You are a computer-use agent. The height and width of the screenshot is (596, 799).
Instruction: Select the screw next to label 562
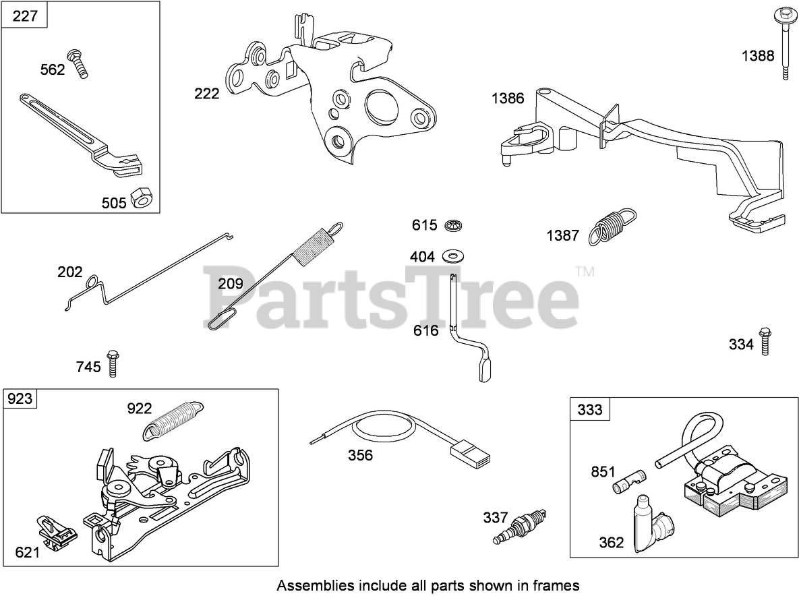(x=78, y=64)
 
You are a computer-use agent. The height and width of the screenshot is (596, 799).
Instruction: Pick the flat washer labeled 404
(x=450, y=256)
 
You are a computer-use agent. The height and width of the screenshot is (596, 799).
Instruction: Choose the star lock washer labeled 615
(x=452, y=225)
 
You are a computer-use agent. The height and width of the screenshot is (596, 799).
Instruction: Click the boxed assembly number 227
(x=25, y=16)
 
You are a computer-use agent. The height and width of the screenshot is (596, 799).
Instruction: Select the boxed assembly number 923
(x=20, y=399)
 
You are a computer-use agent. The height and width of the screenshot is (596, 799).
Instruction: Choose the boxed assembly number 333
(x=590, y=409)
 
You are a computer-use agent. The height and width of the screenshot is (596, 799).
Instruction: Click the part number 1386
(x=508, y=99)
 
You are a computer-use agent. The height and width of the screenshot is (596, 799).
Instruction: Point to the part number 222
(x=206, y=94)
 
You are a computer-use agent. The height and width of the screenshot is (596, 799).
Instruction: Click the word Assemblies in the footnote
(x=312, y=585)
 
